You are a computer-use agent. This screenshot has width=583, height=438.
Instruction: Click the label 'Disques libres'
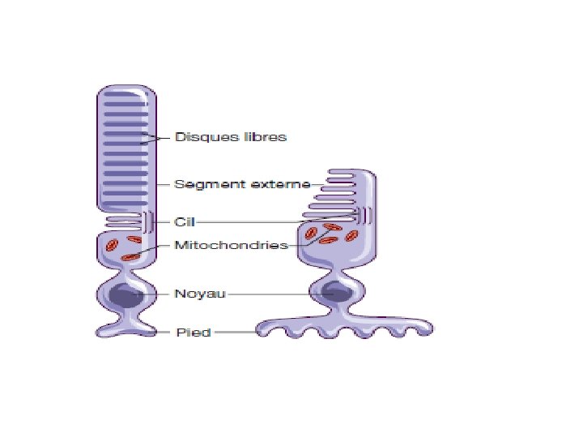point(231,137)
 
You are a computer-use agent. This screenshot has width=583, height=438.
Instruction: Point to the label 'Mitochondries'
point(232,245)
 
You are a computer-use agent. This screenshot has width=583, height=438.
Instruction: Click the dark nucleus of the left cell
point(126,295)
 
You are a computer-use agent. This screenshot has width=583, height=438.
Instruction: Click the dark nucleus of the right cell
point(335,293)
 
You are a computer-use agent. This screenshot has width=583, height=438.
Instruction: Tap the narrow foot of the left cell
point(126,328)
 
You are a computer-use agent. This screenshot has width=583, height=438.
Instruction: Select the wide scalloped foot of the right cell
point(343,328)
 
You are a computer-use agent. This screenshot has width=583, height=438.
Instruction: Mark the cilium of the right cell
point(365,216)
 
